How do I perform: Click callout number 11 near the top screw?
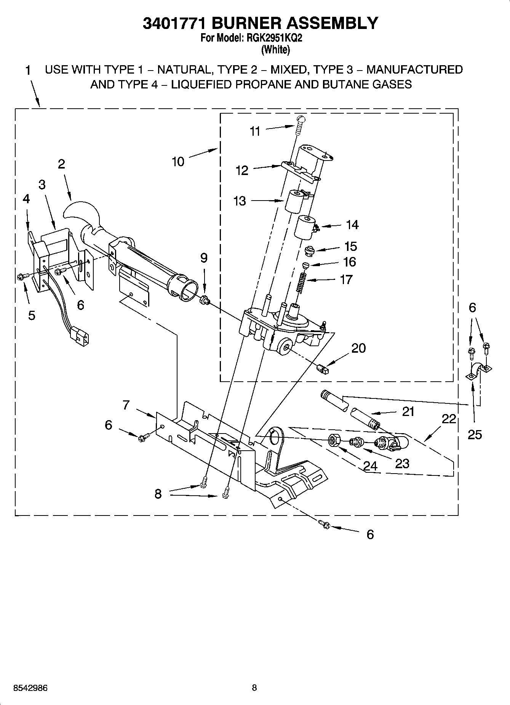255,131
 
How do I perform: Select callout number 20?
358,348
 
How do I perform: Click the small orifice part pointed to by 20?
322,369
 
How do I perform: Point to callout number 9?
204,258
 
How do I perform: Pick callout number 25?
475,434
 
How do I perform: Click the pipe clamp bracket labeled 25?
478,371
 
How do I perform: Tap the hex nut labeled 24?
334,441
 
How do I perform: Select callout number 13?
240,201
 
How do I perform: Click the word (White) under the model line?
275,49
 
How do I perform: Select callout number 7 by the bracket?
126,405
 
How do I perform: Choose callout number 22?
449,419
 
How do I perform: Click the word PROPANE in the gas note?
261,84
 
